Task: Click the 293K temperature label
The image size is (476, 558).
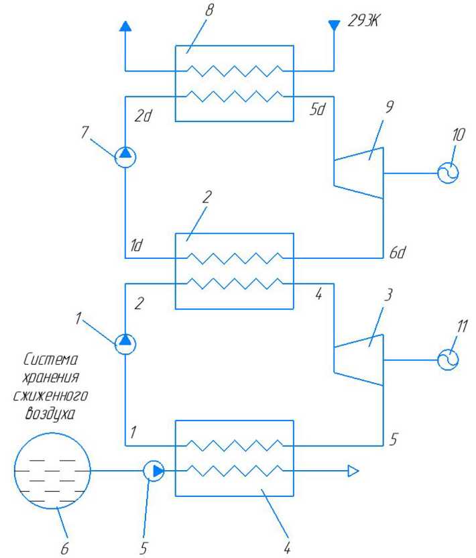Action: point(363,21)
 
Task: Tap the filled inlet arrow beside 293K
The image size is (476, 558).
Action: point(334,25)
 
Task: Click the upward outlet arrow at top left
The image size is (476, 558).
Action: point(125,26)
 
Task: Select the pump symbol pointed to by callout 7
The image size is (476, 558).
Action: point(125,157)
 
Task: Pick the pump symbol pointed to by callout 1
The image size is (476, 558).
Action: point(125,344)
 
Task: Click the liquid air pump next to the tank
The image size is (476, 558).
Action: point(154,471)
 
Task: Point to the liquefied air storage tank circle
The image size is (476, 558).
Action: point(52,471)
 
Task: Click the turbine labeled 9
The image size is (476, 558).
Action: point(359,173)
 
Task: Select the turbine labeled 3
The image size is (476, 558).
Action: point(359,360)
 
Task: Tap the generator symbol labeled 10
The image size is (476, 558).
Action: point(448,173)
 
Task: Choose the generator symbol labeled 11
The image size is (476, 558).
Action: point(448,360)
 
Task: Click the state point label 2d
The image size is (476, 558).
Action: point(143,115)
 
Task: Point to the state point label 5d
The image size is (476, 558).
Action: point(317,109)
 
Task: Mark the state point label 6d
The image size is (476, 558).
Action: point(398,252)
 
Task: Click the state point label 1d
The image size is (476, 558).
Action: point(136,245)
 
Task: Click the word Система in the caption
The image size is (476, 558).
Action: point(50,359)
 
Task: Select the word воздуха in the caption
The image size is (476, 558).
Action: point(50,414)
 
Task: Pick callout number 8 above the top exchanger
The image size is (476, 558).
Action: point(210,9)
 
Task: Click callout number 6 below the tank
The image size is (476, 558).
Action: point(65,549)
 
